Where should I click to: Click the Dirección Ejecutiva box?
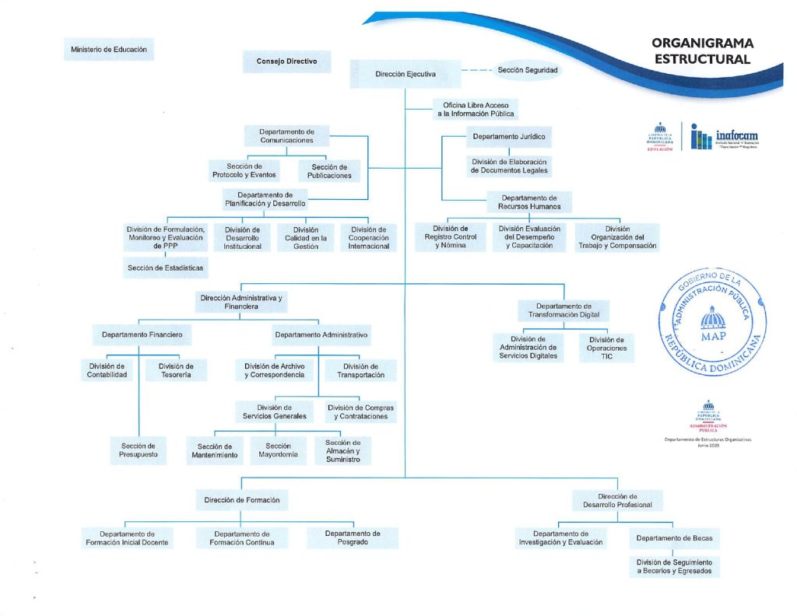pos(405,75)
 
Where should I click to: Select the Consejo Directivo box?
pos(286,61)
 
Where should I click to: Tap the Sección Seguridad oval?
pos(528,70)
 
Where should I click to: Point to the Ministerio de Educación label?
pos(108,50)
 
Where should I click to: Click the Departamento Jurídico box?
pos(509,137)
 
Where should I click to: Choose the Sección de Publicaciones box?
pos(329,171)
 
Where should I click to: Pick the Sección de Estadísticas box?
pos(164,268)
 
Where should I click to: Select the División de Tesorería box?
pos(176,370)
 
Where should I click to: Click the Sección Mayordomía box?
pos(278,450)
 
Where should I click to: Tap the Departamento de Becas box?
pos(674,538)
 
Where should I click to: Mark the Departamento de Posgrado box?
pos(353,537)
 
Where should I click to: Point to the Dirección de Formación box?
pos(241,500)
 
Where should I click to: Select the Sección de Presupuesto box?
pos(138,450)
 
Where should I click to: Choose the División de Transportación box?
pos(360,370)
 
